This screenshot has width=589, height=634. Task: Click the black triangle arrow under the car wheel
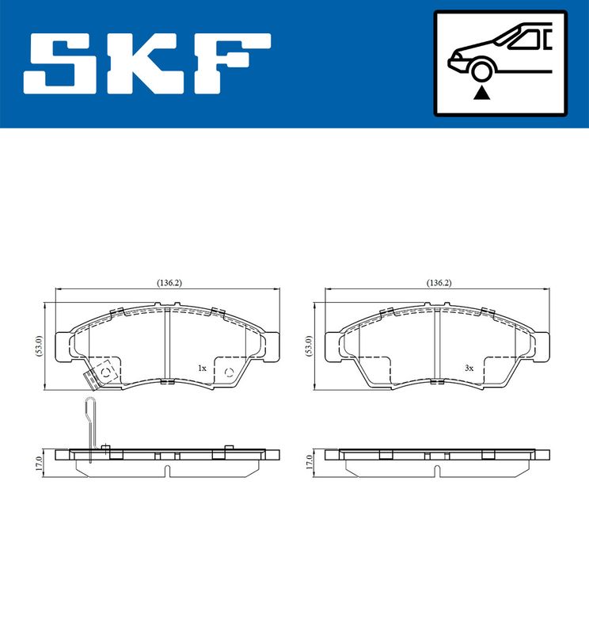481,94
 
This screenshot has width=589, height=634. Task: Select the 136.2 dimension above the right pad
438,282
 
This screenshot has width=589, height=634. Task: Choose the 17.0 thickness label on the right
309,462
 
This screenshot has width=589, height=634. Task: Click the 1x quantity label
202,369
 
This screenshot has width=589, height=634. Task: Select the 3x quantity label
469,369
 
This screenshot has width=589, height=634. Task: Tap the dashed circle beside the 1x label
229,372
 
